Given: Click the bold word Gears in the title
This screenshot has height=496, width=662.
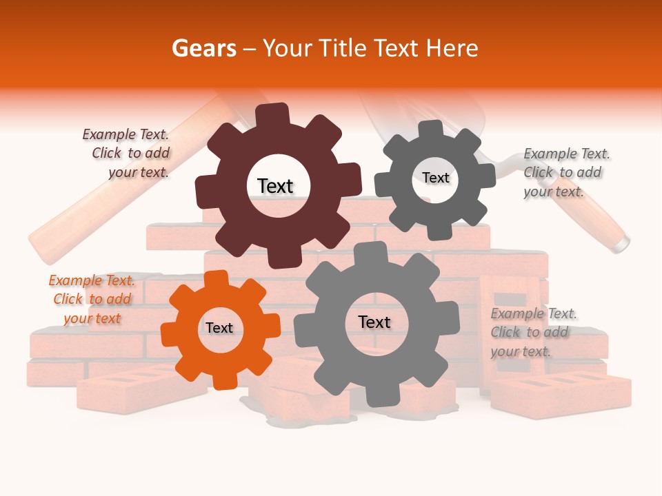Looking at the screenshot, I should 203,48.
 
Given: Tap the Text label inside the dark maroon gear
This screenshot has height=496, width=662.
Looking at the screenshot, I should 275,186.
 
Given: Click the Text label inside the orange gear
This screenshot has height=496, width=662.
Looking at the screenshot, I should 219,328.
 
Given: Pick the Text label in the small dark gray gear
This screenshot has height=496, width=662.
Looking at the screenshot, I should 435,178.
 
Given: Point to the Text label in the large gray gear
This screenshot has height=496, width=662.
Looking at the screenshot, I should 374,322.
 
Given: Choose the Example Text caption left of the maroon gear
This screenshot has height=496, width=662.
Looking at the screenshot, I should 128,153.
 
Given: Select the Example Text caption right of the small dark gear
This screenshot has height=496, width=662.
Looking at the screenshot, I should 565,172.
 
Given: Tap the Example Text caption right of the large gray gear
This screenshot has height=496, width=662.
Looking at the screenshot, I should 532,332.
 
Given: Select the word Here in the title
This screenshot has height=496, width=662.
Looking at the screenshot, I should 452,48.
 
